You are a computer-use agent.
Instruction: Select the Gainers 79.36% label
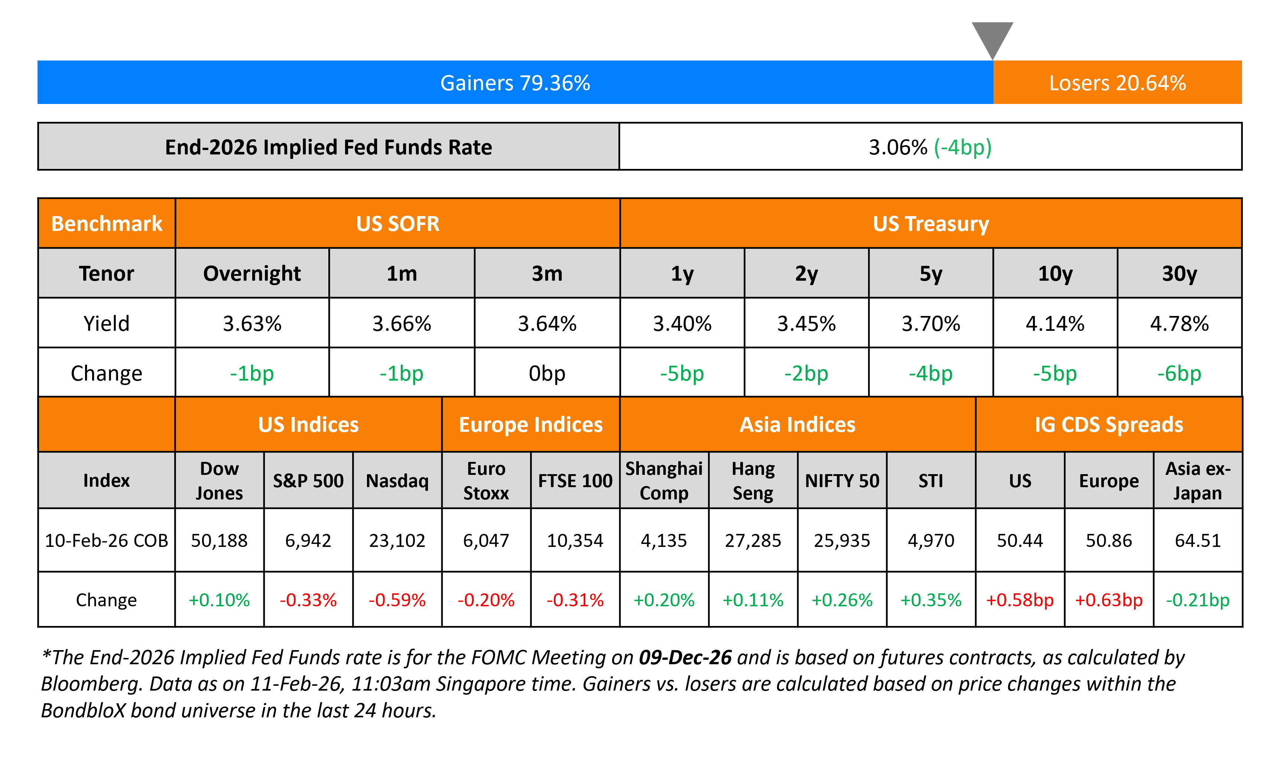(515, 83)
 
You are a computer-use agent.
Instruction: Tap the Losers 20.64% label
(1117, 83)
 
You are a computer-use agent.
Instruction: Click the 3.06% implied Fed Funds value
(898, 147)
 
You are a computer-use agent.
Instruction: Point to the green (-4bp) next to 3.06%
(963, 147)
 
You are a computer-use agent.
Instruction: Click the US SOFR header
(398, 224)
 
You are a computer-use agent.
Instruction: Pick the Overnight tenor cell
(252, 274)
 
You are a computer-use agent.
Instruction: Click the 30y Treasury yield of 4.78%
(1179, 323)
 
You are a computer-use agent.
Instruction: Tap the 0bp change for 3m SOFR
(547, 373)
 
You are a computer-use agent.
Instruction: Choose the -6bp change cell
(1179, 373)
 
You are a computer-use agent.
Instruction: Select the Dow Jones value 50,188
(219, 540)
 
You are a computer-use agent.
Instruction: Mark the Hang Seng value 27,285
(753, 540)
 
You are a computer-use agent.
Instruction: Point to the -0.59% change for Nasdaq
(397, 600)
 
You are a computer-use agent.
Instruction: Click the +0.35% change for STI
(931, 600)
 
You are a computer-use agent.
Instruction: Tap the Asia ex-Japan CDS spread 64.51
(1197, 540)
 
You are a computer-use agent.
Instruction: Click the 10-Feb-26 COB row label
(107, 540)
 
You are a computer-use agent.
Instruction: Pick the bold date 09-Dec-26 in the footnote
(685, 657)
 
